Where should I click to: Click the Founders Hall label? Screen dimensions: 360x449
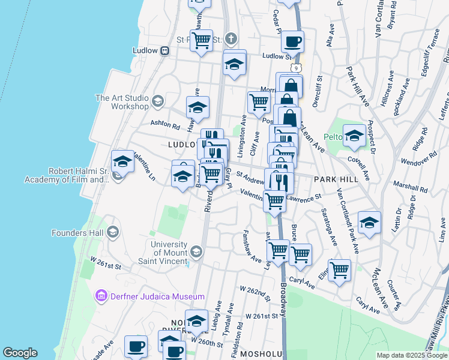pyautogui.click(x=76, y=232)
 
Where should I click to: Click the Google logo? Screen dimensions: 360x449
pyautogui.click(x=20, y=352)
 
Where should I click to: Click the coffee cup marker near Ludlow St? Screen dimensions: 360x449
pyautogui.click(x=292, y=41)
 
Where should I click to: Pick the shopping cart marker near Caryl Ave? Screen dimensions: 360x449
pyautogui.click(x=339, y=270)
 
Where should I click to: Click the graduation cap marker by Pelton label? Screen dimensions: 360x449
pyautogui.click(x=354, y=136)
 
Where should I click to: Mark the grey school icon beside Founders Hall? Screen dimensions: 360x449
pyautogui.click(x=112, y=232)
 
